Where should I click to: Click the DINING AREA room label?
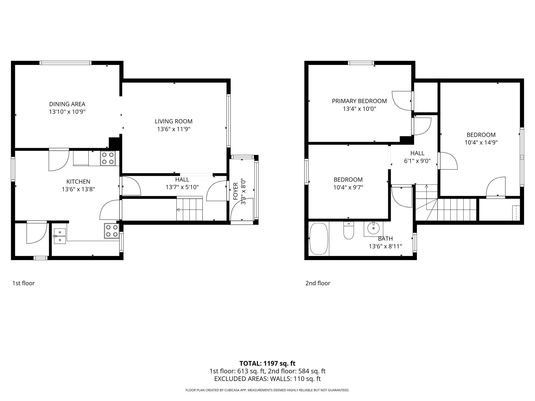pyautogui.click(x=67, y=104)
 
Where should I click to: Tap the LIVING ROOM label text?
pyautogui.click(x=174, y=121)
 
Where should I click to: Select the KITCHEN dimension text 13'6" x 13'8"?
pyautogui.click(x=78, y=189)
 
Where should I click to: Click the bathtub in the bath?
pyautogui.click(x=319, y=239)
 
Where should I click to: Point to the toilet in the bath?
pyautogui.click(x=349, y=231)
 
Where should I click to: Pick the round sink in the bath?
pyautogui.click(x=373, y=228)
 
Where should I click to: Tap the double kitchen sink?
pyautogui.click(x=60, y=236)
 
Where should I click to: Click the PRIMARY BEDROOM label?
pyautogui.click(x=359, y=101)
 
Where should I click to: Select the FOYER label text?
pyautogui.click(x=236, y=191)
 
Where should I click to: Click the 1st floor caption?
pyautogui.click(x=23, y=283)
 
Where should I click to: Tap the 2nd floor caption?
pyautogui.click(x=318, y=283)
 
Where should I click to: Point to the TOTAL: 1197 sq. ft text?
pyautogui.click(x=267, y=363)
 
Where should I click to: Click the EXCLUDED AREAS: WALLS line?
pyautogui.click(x=267, y=379)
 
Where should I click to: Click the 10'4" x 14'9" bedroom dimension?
pyautogui.click(x=481, y=143)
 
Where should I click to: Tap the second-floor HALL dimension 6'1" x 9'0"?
pyautogui.click(x=417, y=161)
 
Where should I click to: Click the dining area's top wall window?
pyautogui.click(x=66, y=63)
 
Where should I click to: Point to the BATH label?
pyautogui.click(x=385, y=239)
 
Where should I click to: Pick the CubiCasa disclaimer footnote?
pyautogui.click(x=267, y=390)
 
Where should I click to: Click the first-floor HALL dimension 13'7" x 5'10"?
pyautogui.click(x=182, y=187)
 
